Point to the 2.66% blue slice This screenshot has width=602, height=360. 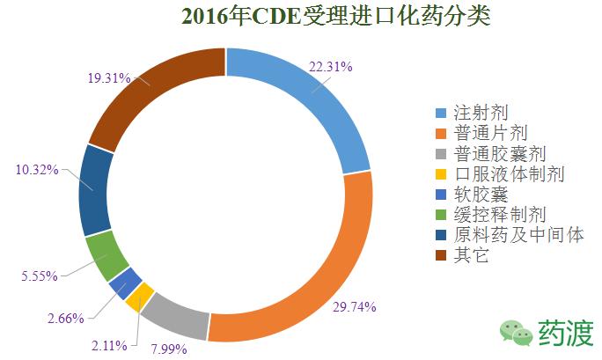[126, 283]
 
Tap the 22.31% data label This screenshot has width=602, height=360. [330, 66]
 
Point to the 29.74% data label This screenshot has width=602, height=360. [355, 307]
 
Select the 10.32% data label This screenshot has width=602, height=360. [37, 168]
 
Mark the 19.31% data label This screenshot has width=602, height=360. [109, 77]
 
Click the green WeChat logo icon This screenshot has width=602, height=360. [516, 331]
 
